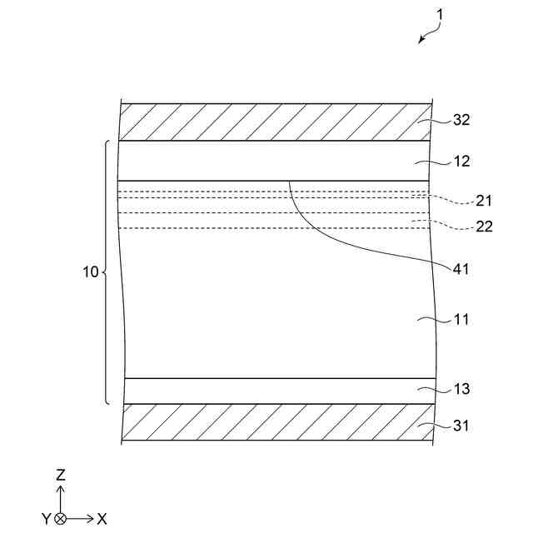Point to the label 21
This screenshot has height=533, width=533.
[484, 201]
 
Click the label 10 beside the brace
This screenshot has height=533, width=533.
[91, 272]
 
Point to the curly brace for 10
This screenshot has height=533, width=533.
[107, 272]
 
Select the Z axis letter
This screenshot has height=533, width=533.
[60, 475]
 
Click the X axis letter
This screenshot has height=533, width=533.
[102, 519]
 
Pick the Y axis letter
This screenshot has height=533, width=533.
[46, 519]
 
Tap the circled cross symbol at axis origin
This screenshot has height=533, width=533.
[60, 519]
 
